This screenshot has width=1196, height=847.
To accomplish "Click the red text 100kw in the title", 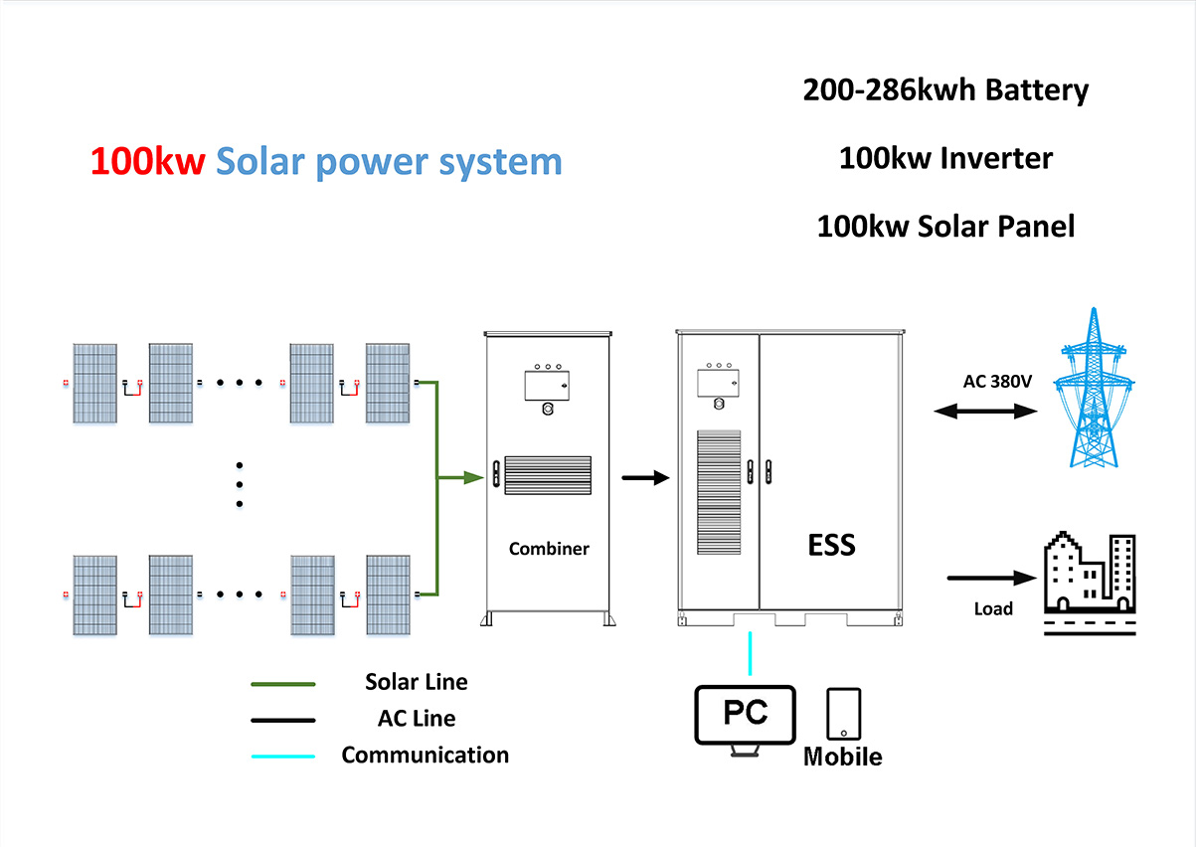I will pyautogui.click(x=147, y=161).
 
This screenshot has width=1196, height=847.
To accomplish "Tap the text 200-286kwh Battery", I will pyautogui.click(x=945, y=90).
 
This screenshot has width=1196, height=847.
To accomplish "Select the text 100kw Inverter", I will pyautogui.click(x=945, y=158).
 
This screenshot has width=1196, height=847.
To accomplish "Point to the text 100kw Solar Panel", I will pyautogui.click(x=945, y=226).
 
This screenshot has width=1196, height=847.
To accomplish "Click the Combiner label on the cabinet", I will pyautogui.click(x=549, y=549).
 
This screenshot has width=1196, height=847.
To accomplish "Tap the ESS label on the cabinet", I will pyautogui.click(x=831, y=544).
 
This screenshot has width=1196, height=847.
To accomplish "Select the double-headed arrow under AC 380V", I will pyautogui.click(x=984, y=410).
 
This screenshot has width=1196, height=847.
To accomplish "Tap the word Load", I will pyautogui.click(x=993, y=608).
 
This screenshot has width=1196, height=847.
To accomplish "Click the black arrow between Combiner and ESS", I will pyautogui.click(x=644, y=478).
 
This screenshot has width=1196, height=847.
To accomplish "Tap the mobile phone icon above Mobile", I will pyautogui.click(x=843, y=713).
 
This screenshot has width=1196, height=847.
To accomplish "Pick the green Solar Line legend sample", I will pyautogui.click(x=283, y=684).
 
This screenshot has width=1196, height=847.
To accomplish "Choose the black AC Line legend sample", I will pyautogui.click(x=283, y=720).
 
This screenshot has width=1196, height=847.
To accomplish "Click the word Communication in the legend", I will pyautogui.click(x=425, y=755).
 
